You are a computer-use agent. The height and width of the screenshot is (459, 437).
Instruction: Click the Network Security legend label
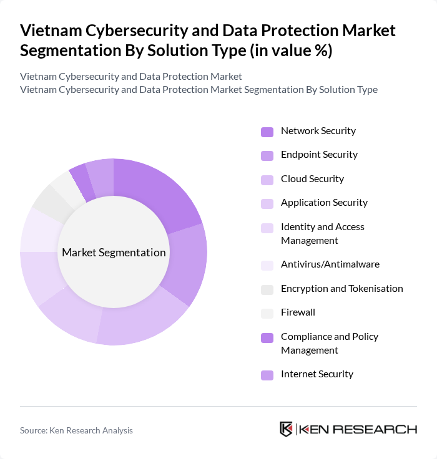[x=318, y=131]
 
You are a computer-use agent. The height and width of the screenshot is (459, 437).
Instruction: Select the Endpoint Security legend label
[x=319, y=155]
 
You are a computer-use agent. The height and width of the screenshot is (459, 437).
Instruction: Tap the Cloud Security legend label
[x=312, y=179]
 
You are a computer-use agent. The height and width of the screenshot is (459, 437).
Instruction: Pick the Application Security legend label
[x=324, y=203]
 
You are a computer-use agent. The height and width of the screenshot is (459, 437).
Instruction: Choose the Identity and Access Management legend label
[x=322, y=233]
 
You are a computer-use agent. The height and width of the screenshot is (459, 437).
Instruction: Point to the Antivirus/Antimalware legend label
[x=330, y=264]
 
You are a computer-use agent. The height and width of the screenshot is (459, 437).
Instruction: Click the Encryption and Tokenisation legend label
[x=341, y=288]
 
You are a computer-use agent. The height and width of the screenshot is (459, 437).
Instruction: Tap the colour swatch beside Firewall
[x=267, y=313]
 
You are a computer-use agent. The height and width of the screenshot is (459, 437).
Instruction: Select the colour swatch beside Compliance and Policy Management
[x=267, y=337]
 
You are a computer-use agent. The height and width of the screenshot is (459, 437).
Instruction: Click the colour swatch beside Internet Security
[x=267, y=375]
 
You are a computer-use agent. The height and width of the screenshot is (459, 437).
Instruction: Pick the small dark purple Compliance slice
[x=79, y=178]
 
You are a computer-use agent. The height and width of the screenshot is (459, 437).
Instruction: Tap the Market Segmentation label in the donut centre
[x=114, y=253]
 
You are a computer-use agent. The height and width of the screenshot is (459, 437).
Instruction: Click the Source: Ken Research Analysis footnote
[x=76, y=430]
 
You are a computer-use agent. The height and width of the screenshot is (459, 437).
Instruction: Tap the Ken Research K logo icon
[x=287, y=429]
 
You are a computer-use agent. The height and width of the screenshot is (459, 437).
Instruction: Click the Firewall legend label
[x=298, y=312]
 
